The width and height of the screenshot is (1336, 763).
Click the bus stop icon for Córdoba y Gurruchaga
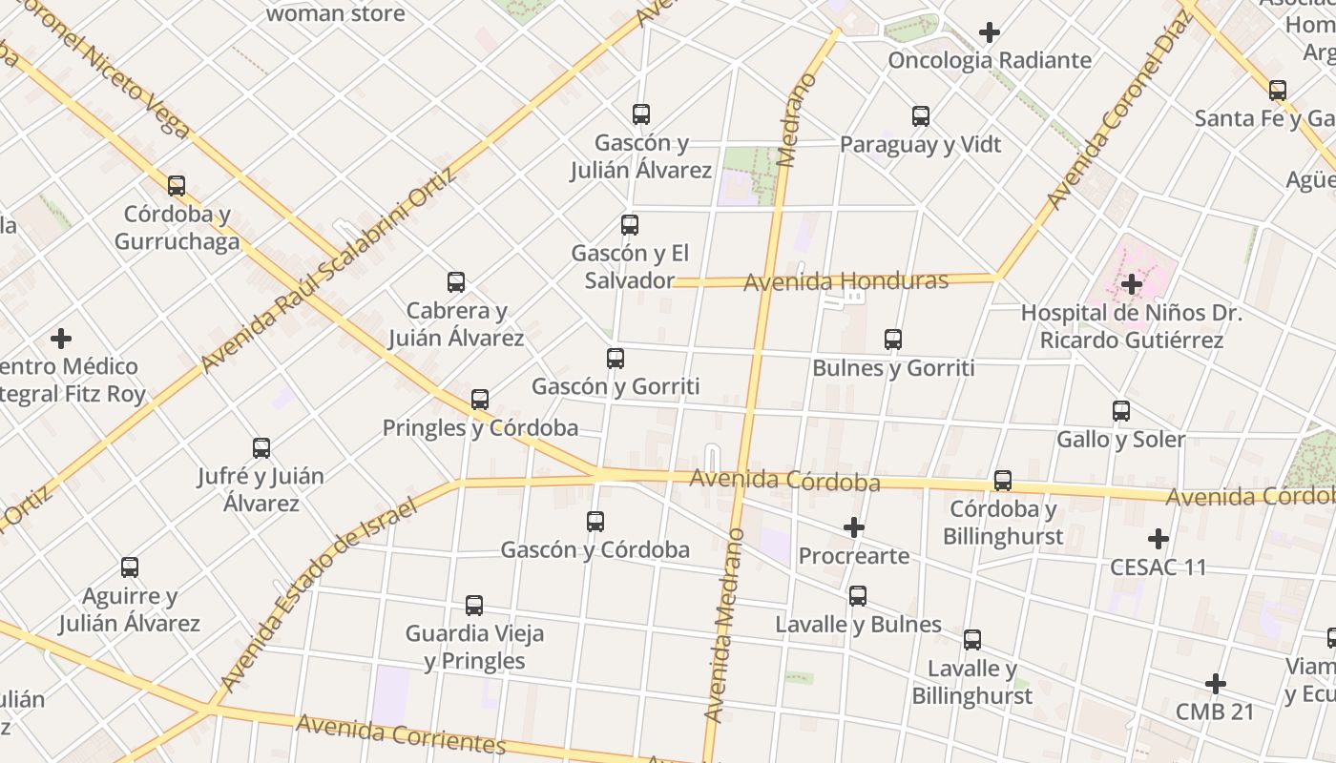[177, 185]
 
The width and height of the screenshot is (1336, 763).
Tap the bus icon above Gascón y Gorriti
[616, 359]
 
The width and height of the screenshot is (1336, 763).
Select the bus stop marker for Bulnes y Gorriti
[893, 340]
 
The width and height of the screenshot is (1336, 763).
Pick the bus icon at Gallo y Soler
[1121, 411]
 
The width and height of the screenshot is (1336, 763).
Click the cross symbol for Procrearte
[854, 527]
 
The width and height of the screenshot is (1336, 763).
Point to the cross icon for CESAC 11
[1159, 539]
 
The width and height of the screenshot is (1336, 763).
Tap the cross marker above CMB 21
[1215, 684]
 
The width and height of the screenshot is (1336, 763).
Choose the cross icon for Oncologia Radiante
[990, 32]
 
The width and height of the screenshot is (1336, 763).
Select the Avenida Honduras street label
[845, 281]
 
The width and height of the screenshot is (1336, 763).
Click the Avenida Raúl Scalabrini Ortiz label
[329, 271]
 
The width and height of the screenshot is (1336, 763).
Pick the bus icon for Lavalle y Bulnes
[858, 596]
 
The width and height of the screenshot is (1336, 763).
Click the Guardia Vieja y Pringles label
[475, 647]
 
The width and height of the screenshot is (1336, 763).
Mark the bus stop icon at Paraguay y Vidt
[921, 116]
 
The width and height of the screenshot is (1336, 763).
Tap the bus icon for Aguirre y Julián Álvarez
[130, 567]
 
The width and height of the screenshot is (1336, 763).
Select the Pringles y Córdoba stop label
[480, 427]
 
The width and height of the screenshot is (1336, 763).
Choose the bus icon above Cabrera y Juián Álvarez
[456, 282]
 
